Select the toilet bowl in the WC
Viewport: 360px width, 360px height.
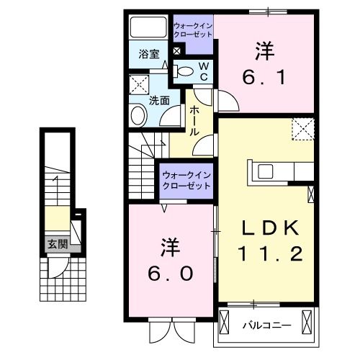[x=184, y=71]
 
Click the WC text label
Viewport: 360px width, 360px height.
[x=204, y=71]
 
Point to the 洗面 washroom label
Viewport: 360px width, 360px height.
[x=160, y=101]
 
